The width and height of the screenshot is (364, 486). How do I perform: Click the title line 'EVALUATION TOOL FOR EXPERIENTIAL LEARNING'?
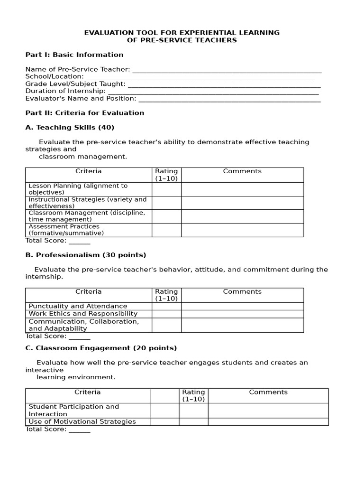pyautogui.click(x=182, y=33)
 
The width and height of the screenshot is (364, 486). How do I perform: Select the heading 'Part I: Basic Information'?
pyautogui.click(x=74, y=55)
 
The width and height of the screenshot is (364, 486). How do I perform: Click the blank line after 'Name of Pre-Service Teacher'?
pyautogui.click(x=227, y=70)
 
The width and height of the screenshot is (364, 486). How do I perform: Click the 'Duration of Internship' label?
pyautogui.click(x=65, y=91)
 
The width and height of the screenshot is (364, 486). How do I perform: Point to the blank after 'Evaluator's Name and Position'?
pyautogui.click(x=229, y=99)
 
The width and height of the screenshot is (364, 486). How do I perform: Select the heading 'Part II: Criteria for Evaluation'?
pyautogui.click(x=84, y=113)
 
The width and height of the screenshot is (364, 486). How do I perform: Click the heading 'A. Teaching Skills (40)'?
pyautogui.click(x=70, y=128)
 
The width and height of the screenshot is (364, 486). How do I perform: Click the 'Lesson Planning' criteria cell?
pyautogui.click(x=88, y=189)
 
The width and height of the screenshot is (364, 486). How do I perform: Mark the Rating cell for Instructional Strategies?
pyautogui.click(x=166, y=203)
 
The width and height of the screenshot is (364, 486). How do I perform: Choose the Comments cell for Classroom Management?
pyautogui.click(x=242, y=216)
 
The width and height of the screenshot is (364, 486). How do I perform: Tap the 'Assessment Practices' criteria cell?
pyautogui.click(x=88, y=230)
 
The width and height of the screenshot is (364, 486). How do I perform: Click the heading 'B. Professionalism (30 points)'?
pyautogui.click(x=85, y=255)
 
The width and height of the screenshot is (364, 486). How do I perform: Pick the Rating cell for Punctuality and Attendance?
pyautogui.click(x=166, y=307)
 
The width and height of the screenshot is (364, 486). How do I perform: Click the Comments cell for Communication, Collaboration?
pyautogui.click(x=242, y=325)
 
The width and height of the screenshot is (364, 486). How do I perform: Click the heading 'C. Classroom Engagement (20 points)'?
pyautogui.click(x=101, y=348)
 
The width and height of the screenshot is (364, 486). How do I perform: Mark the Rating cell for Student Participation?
pyautogui.click(x=193, y=411)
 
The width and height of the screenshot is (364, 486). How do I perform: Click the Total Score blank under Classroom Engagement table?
pyautogui.click(x=79, y=430)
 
